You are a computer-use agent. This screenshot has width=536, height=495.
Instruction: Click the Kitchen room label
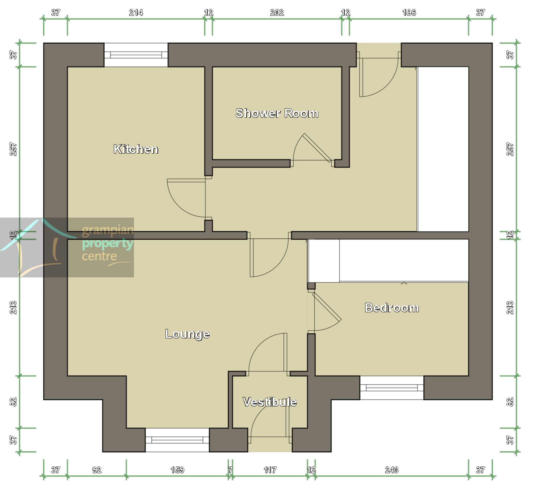click(136, 149)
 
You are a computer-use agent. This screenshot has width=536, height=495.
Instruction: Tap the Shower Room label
click(277, 113)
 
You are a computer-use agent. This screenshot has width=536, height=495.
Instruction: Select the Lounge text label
click(187, 334)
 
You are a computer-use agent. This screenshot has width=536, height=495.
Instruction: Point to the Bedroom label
click(392, 308)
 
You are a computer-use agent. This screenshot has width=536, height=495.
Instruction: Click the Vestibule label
click(269, 402)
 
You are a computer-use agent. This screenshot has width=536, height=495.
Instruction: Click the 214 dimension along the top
click(136, 13)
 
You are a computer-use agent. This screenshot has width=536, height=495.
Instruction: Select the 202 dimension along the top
click(277, 13)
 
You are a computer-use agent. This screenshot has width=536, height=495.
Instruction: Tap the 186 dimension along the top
click(409, 13)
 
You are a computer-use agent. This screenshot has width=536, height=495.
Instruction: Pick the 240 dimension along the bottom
click(392, 470)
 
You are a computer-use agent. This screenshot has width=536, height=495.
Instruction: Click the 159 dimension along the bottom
click(177, 470)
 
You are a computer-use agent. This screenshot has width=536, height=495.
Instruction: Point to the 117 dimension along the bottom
click(270, 470)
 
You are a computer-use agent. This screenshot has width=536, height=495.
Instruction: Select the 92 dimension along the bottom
click(97, 470)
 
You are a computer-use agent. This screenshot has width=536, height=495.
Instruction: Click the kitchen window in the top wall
click(136, 55)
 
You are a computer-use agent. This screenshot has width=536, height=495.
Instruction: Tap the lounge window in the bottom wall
click(177, 440)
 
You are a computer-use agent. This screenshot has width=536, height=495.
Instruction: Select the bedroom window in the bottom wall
click(392, 387)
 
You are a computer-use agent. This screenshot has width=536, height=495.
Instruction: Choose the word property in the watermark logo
click(107, 244)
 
